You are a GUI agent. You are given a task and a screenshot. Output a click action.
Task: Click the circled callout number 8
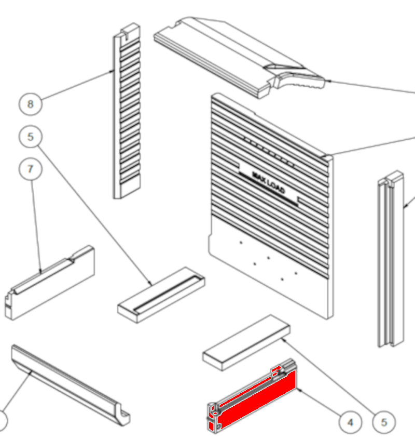coord(31,104)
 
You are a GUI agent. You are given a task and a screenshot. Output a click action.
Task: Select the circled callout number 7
coord(31,169)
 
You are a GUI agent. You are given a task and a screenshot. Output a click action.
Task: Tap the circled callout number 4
coord(350,422)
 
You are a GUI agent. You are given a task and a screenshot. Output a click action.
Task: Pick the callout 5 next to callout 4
coord(384,422)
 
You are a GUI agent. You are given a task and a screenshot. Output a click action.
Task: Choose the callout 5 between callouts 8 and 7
coord(31,137)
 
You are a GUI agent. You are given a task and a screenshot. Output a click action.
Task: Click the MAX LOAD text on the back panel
coord(269,183)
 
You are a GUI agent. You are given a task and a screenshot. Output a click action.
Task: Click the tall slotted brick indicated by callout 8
coord(127,111)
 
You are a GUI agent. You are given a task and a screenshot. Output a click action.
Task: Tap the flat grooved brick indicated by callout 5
coord(161,295)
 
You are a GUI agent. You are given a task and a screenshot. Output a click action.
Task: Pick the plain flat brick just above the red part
coord(246,343)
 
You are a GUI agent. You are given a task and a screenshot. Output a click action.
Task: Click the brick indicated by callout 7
coord(50,283)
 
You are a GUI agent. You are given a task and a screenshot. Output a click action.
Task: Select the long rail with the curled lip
coord(71,385)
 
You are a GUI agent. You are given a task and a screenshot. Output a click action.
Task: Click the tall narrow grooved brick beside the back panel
coord(391,259)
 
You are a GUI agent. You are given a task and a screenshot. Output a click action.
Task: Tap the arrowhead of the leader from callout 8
coord(113,71)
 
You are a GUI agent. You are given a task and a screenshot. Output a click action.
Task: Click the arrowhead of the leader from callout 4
coord(298,389)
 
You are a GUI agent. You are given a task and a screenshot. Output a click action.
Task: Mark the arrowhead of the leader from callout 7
coord(40,271)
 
